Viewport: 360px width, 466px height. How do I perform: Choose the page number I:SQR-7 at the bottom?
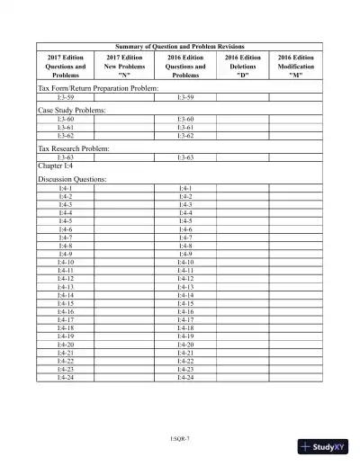pyautogui.click(x=180, y=437)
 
